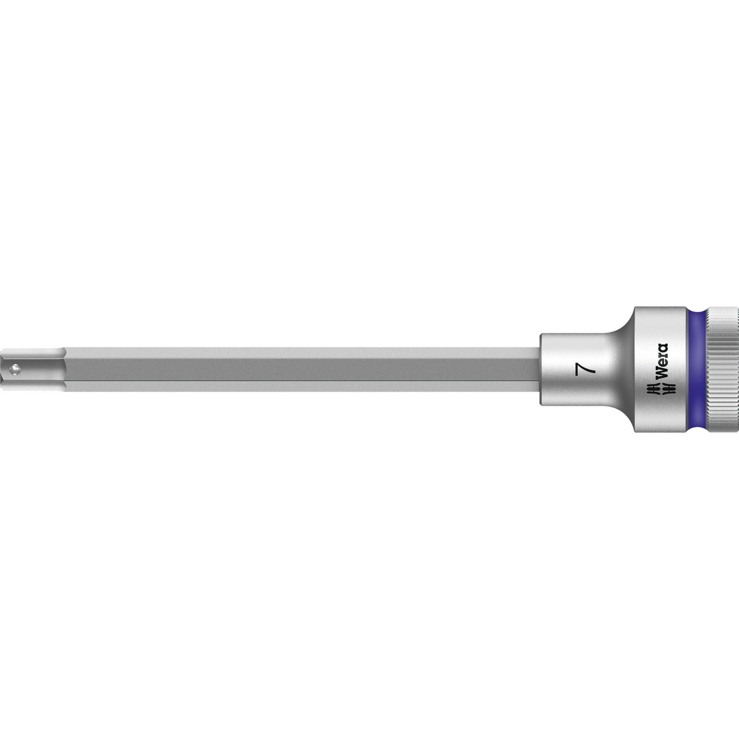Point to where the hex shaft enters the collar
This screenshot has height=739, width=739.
tap(540, 369)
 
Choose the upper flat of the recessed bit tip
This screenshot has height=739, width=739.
tap(34, 354)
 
